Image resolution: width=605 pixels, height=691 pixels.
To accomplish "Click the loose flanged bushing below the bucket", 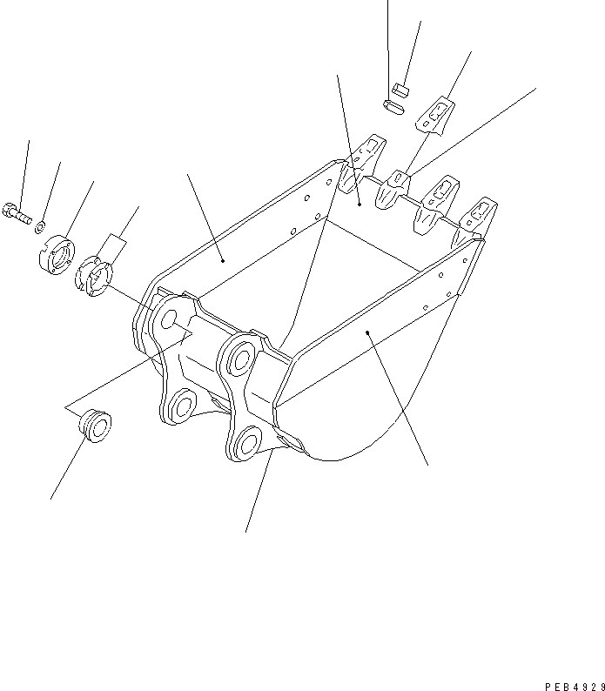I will tap(96, 426).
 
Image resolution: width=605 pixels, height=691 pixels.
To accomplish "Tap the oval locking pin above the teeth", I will tap(393, 106).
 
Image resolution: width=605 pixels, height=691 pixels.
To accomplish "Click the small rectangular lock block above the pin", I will tap(400, 86).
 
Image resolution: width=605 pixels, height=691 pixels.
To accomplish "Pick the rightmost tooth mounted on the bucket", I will tap(480, 218).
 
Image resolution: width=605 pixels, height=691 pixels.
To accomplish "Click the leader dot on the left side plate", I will tap(223, 259).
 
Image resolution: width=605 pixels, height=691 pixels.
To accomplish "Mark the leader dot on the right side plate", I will tap(368, 332).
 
